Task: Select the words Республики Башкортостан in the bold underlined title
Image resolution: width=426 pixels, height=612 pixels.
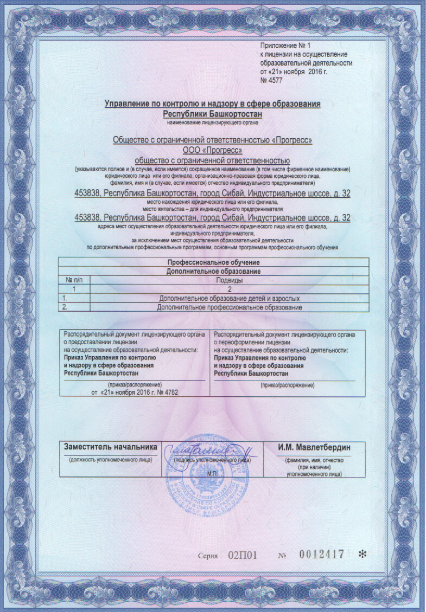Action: [x=213, y=114]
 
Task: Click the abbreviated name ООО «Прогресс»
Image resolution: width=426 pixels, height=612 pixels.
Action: [x=213, y=150]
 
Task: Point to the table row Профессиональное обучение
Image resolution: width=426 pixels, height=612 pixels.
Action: [x=213, y=262]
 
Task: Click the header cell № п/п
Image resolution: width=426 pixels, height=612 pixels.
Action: [x=74, y=280]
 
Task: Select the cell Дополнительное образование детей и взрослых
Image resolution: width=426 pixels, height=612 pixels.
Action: [x=229, y=299]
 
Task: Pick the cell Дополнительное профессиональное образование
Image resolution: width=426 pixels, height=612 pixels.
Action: [x=229, y=307]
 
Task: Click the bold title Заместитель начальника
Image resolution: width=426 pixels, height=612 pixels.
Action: [x=111, y=447]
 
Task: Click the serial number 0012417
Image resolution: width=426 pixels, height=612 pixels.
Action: [x=322, y=555]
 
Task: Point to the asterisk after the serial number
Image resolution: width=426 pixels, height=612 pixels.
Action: [x=363, y=554]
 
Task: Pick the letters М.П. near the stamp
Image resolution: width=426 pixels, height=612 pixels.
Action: [x=212, y=473]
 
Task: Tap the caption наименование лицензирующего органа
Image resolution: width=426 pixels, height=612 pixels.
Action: [x=213, y=123]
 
